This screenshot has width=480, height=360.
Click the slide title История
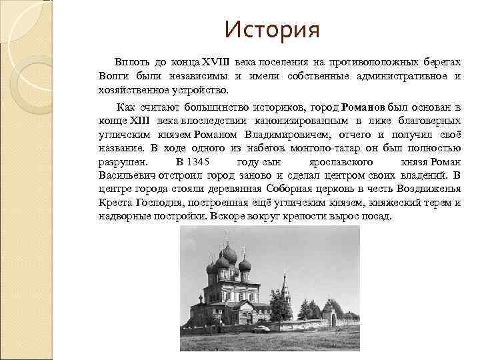[x=273, y=30]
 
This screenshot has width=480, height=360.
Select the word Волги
[x=113, y=76]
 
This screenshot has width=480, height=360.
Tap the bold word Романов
[x=365, y=107]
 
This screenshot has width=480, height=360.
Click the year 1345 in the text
[x=199, y=162]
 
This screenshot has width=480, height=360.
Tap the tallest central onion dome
[x=229, y=254]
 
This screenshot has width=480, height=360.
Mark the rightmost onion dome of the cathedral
[x=245, y=263]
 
